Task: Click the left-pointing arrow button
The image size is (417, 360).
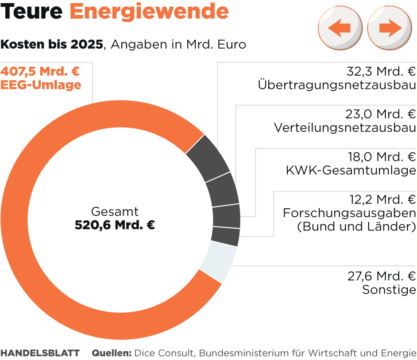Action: (340, 28)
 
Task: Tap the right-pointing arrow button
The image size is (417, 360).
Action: (390, 28)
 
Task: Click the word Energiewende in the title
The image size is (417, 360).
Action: (149, 12)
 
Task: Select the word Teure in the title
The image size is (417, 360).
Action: (31, 12)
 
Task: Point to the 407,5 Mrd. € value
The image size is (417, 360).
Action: (40, 71)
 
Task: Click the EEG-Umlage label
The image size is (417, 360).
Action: (41, 85)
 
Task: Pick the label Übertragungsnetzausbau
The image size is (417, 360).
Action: (337, 85)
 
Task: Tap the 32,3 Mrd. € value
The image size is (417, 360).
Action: (381, 71)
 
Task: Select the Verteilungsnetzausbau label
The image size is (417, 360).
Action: (345, 128)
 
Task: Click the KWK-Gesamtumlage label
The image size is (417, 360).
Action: (351, 170)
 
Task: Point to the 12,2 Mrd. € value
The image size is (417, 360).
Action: (381, 199)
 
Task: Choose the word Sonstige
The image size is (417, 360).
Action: (389, 290)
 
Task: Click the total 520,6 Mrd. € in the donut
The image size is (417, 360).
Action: (115, 225)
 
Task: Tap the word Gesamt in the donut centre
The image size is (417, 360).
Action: (115, 211)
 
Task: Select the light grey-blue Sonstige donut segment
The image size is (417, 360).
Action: (219, 261)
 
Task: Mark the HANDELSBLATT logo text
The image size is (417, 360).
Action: (40, 353)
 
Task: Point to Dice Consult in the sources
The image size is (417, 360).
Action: (165, 353)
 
